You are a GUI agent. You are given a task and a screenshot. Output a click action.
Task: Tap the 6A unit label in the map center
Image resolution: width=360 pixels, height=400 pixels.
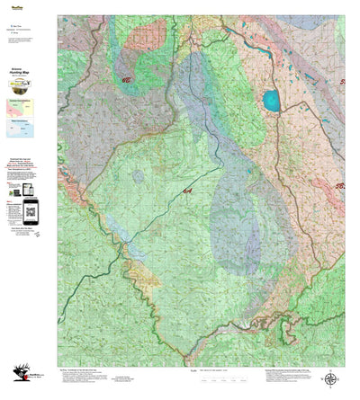[187, 191]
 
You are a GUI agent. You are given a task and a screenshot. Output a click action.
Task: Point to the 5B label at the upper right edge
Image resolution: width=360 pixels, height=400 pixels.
[342, 82]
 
